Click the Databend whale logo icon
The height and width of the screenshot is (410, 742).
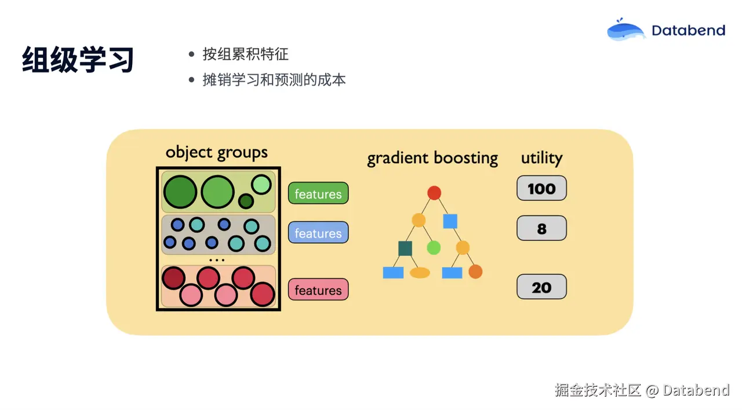click(x=626, y=30)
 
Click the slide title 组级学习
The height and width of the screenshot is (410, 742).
click(x=78, y=60)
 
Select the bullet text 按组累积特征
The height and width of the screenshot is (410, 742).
click(x=245, y=54)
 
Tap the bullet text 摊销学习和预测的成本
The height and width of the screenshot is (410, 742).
click(x=274, y=80)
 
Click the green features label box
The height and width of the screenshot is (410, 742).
click(x=318, y=194)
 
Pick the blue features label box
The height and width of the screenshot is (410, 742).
click(x=318, y=233)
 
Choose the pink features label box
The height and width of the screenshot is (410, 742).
click(x=318, y=290)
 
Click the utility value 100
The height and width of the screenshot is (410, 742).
click(x=541, y=189)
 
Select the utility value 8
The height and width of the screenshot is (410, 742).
click(x=541, y=229)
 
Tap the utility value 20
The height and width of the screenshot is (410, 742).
click(x=541, y=287)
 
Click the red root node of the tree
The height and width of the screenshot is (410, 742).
click(x=434, y=193)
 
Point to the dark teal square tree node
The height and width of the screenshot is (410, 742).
click(x=405, y=248)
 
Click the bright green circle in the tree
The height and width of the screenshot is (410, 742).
click(x=434, y=248)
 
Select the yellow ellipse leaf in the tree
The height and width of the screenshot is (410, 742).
click(x=420, y=273)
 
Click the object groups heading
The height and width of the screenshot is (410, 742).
click(x=217, y=152)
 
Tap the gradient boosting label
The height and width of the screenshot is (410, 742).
click(x=432, y=158)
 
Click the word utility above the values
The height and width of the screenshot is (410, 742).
click(x=541, y=158)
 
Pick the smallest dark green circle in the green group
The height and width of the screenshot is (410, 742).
click(x=246, y=202)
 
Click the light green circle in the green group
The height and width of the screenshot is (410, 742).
click(x=261, y=185)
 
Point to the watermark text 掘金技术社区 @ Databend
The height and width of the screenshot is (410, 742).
click(x=642, y=390)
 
